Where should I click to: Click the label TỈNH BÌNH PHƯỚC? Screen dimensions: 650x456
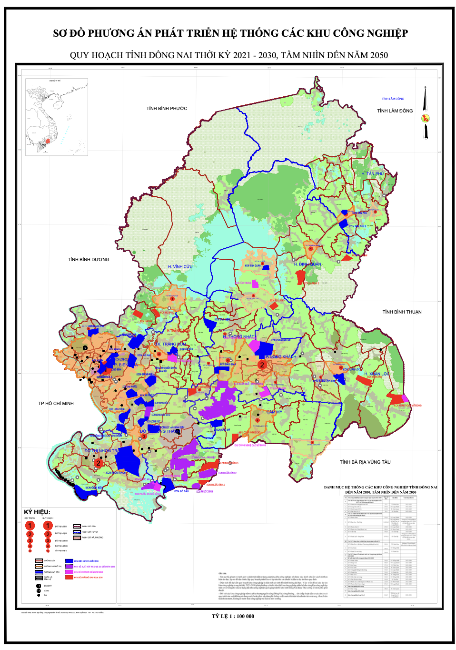(x=167, y=109)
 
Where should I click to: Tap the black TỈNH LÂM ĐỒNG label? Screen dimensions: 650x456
(x=395, y=111)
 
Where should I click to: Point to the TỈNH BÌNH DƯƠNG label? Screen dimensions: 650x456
(x=89, y=260)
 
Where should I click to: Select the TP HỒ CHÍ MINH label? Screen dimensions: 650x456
(x=56, y=404)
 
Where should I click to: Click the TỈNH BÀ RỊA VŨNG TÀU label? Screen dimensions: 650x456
(x=365, y=462)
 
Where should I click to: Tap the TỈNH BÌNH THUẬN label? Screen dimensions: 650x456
(x=402, y=312)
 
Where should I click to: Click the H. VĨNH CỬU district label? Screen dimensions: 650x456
(x=180, y=267)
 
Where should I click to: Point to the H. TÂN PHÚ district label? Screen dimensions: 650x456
(x=372, y=174)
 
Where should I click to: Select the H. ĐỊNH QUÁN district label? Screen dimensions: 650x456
(x=307, y=264)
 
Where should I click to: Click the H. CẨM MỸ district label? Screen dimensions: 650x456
(x=272, y=412)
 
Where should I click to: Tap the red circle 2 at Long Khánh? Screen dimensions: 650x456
(x=262, y=365)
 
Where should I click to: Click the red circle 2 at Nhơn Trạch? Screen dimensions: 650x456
(x=98, y=463)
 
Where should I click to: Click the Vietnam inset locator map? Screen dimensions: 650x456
(x=56, y=117)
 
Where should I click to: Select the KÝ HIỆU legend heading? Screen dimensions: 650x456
(x=37, y=512)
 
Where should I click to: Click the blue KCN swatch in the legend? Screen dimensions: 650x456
(x=69, y=561)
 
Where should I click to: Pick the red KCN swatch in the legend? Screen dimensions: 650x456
(x=69, y=577)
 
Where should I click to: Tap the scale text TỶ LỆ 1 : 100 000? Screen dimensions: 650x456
(x=233, y=616)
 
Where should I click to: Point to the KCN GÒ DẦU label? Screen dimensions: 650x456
(x=181, y=491)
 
